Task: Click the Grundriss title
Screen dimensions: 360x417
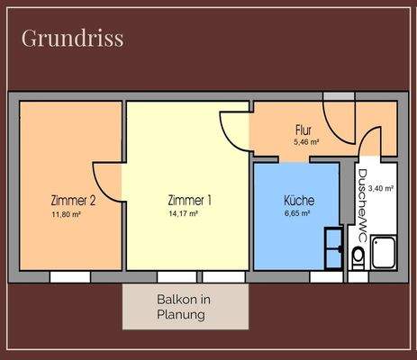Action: [x=71, y=39]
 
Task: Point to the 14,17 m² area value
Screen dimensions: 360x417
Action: [x=184, y=214]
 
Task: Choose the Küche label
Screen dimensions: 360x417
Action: [x=296, y=200]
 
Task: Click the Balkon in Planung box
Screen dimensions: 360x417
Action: [x=186, y=306]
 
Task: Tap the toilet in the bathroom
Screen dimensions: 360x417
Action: [x=358, y=259]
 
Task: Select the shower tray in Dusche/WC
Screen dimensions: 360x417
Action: [x=383, y=251]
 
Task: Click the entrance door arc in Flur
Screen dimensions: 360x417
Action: [x=340, y=125]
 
